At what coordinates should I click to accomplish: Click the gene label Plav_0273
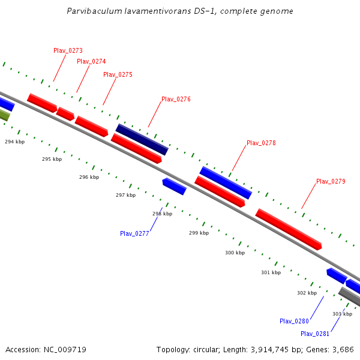tap(68, 50)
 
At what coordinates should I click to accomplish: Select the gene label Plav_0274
tap(91, 61)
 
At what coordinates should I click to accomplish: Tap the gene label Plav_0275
tap(118, 74)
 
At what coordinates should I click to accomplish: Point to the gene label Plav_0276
tap(176, 99)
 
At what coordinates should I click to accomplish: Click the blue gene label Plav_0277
tap(134, 233)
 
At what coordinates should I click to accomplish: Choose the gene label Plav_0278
tap(261, 143)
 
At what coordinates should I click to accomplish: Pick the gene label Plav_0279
tap(331, 181)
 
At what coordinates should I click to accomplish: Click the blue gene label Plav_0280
tap(294, 321)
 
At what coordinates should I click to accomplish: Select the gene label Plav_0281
tap(315, 334)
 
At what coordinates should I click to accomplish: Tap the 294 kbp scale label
tap(15, 142)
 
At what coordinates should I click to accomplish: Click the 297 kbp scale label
tap(125, 195)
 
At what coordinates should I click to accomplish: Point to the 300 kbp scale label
tap(235, 253)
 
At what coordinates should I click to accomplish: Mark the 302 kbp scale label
tap(307, 293)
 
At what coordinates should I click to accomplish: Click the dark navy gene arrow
tap(142, 139)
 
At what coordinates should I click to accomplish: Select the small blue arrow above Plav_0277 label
tap(175, 186)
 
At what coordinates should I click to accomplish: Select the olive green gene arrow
tap(4, 115)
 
